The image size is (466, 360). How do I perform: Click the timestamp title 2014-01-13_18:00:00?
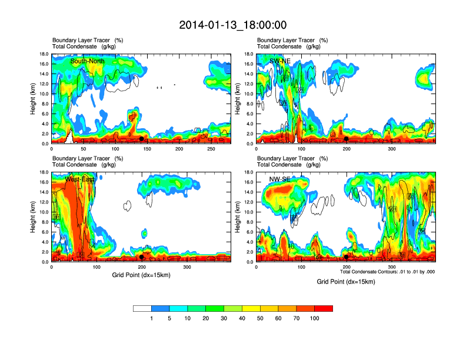click(x=232, y=25)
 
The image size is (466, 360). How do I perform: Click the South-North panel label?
click(x=87, y=61)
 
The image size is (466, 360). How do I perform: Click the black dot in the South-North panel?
click(x=141, y=139)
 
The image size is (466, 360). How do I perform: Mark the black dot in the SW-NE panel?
click(x=346, y=139)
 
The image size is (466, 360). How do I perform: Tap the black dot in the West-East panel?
click(x=141, y=257)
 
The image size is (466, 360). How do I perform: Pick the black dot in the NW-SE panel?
click(x=346, y=257)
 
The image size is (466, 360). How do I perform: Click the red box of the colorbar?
click(x=324, y=308)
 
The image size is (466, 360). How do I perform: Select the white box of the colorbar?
click(x=142, y=308)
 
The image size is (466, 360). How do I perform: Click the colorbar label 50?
click(x=260, y=318)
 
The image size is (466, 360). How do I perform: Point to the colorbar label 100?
click(x=315, y=318)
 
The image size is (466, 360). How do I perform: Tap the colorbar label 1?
click(x=151, y=318)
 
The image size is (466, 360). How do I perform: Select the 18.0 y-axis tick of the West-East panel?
click(x=44, y=172)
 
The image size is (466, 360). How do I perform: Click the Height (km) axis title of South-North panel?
click(x=33, y=99)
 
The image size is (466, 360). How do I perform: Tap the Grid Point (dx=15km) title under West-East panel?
click(x=141, y=275)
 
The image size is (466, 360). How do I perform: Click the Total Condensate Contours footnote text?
click(x=387, y=272)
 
